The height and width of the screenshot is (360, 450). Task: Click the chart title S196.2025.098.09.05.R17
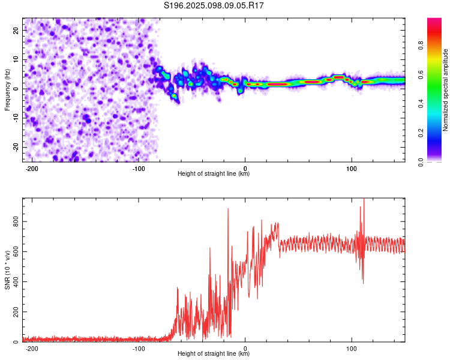click(x=214, y=5)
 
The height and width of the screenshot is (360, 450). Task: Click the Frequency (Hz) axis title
click(x=7, y=90)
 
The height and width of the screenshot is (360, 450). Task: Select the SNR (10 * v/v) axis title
click(x=7, y=270)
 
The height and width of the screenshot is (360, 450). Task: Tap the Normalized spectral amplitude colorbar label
click(x=445, y=90)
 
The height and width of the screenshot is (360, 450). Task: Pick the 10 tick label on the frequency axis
click(x=16, y=59)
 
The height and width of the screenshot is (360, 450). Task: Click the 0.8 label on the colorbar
click(x=421, y=46)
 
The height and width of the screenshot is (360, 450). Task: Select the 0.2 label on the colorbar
click(x=421, y=133)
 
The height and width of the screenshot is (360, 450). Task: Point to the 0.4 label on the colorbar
click(x=421, y=104)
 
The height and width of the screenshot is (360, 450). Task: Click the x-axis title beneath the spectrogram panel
click(x=214, y=173)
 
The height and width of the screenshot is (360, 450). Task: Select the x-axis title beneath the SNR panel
click(x=214, y=353)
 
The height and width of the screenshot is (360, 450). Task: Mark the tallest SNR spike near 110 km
click(x=364, y=199)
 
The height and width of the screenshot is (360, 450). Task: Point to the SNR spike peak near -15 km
click(x=228, y=209)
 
